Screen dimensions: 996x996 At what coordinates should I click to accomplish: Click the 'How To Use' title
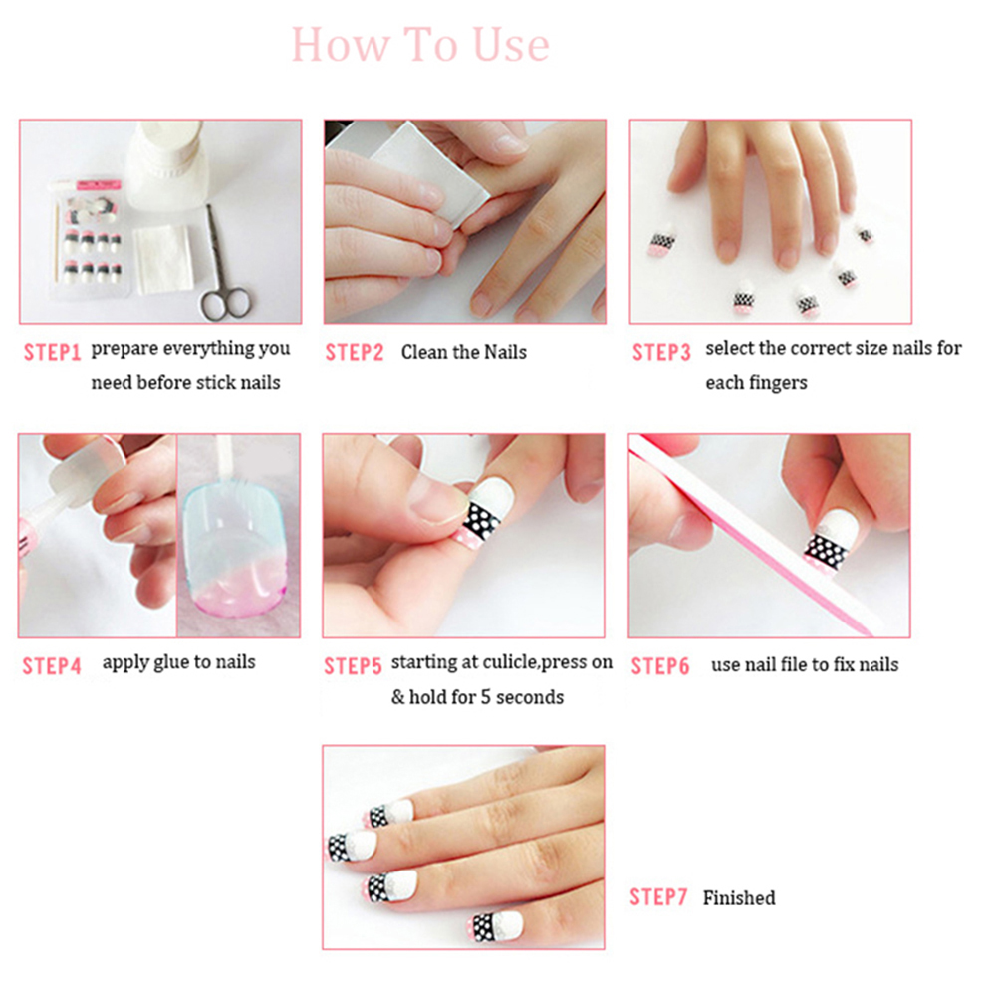pos(420,45)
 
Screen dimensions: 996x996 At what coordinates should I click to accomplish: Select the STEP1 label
pos(52,352)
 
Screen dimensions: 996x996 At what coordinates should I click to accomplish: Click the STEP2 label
pos(355,352)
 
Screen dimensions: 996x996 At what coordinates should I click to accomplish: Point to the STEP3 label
pos(661,352)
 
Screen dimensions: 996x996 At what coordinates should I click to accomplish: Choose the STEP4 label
pos(52,666)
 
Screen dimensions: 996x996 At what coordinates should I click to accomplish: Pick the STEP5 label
pos(353,666)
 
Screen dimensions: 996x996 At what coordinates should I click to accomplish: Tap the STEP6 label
pos(660,666)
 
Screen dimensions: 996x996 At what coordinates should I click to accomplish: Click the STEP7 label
pos(658,897)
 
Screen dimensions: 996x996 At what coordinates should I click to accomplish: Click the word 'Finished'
pos(739,898)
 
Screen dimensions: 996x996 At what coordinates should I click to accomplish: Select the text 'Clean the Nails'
pos(464,352)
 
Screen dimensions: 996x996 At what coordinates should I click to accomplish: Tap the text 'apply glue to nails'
pos(179,663)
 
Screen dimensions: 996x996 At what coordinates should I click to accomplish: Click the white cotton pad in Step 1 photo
pos(164,259)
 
